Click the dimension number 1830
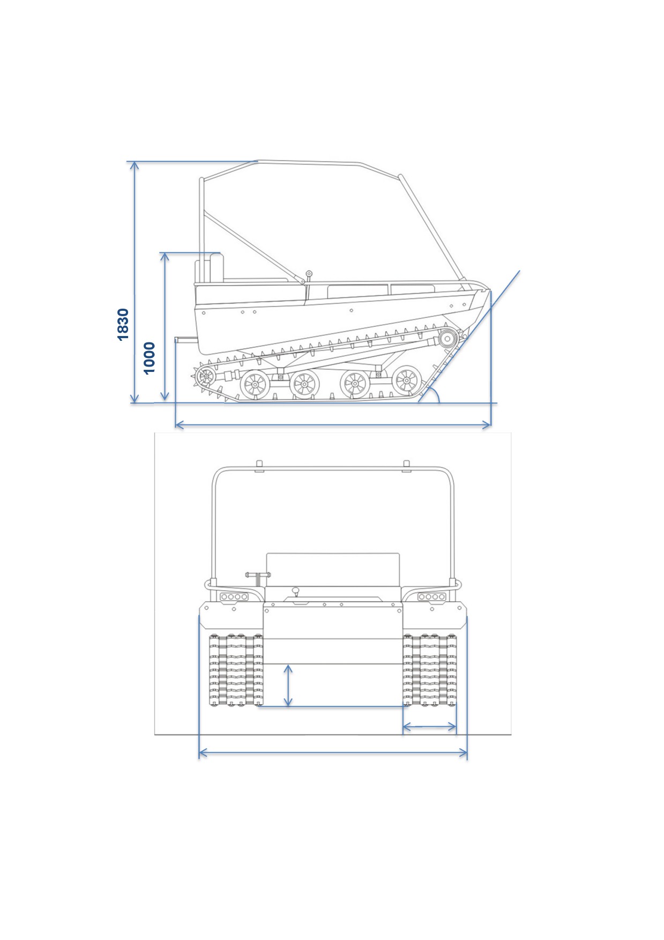pos(123,324)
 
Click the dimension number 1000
pos(149,358)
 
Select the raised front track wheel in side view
pos(447,339)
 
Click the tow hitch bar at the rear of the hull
pos(186,339)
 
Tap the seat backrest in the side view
pos(217,266)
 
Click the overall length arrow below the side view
pos(333,425)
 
